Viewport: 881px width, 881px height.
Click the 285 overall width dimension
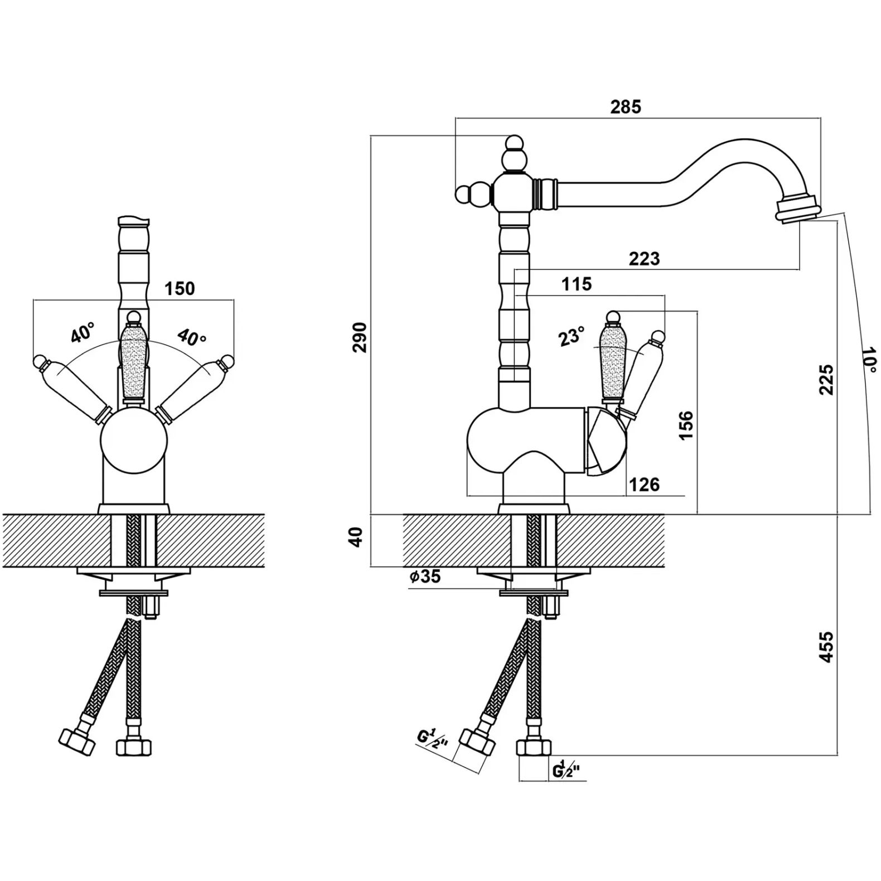click(x=626, y=107)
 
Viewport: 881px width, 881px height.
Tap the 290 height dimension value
click(x=360, y=337)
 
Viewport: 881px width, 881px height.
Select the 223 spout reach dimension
click(x=644, y=259)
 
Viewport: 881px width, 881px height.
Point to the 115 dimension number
click(x=576, y=284)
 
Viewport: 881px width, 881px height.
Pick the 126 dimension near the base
click(x=644, y=485)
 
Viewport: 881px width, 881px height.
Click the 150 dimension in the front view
click(x=180, y=288)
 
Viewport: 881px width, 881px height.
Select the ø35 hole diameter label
click(x=425, y=577)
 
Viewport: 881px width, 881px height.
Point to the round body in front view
click(x=133, y=440)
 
